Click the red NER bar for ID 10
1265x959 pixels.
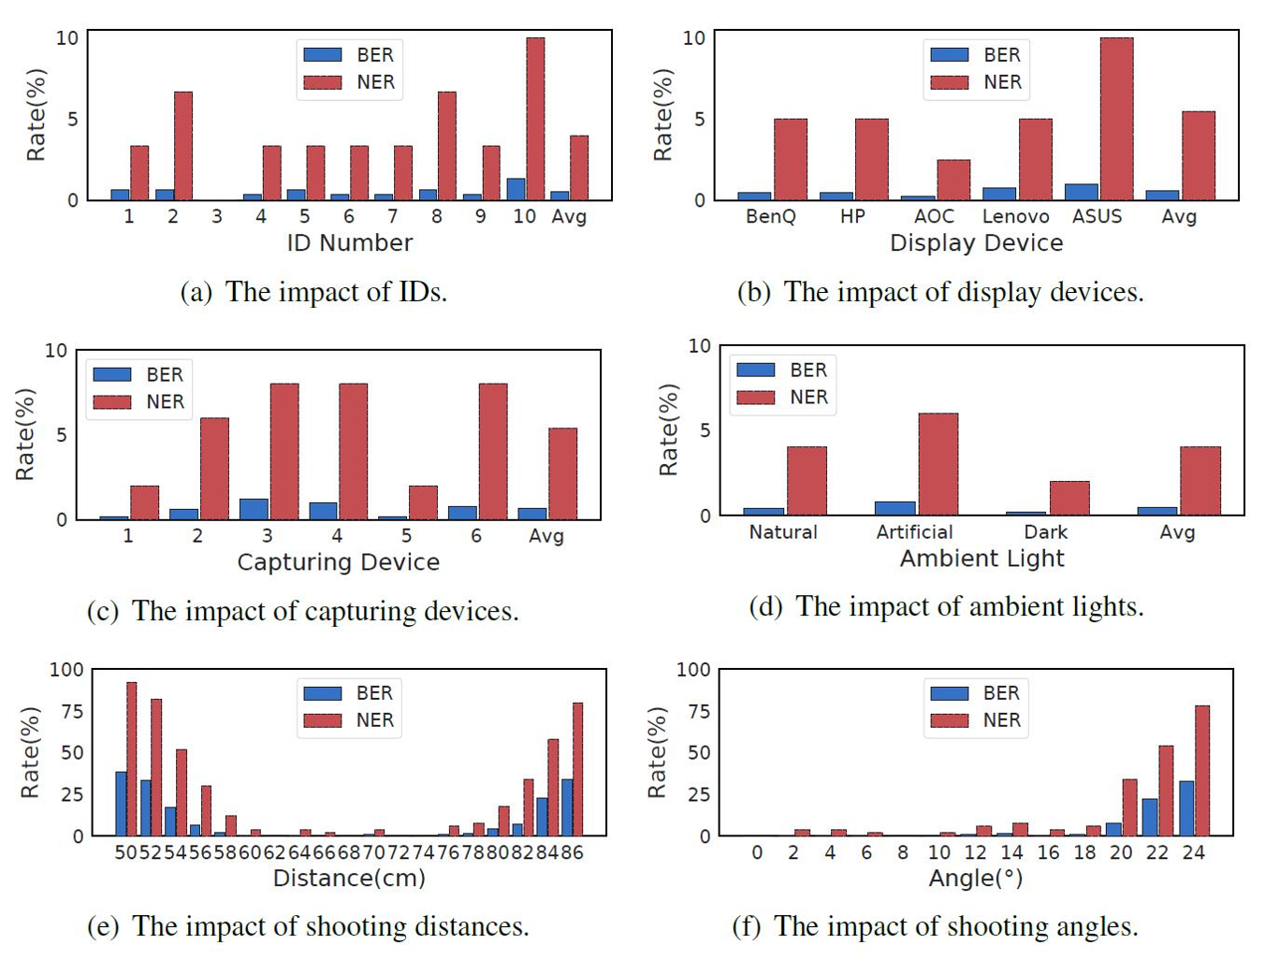pos(535,119)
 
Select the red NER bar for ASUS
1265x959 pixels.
pos(1116,119)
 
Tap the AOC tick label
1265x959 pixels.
pos(934,216)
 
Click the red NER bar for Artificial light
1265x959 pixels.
pos(938,464)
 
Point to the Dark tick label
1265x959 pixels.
pos(1045,532)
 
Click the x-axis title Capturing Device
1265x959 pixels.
pos(338,562)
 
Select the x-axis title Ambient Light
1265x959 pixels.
pos(981,559)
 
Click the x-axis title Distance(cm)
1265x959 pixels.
pos(349,879)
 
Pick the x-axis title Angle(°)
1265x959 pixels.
pos(975,879)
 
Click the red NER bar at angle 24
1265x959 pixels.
pos(1202,770)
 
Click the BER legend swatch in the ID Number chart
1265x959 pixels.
pos(323,55)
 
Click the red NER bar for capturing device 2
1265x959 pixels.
pos(214,468)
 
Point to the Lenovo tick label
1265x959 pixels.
pos(1015,216)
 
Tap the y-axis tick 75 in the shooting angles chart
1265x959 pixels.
pos(692,711)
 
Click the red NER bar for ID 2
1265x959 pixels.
pos(183,146)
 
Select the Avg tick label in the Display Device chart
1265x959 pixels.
pos(1178,216)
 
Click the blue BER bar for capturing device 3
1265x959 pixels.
pos(254,509)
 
